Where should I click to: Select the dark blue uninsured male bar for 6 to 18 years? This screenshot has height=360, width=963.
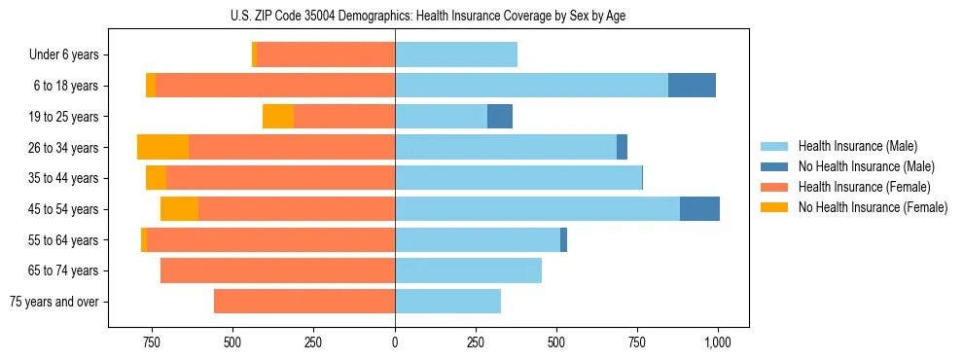[x=692, y=86]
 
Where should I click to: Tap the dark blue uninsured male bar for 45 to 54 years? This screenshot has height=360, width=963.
[x=699, y=208]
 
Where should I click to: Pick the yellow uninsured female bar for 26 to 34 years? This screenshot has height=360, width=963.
[x=162, y=147]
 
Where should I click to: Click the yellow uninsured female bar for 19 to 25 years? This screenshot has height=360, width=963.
[x=278, y=116]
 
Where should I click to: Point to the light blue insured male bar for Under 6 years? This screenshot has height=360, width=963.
[x=456, y=54]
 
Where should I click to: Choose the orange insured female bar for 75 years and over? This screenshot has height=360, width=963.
[x=304, y=301]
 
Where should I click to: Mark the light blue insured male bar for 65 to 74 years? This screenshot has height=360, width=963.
[x=468, y=270]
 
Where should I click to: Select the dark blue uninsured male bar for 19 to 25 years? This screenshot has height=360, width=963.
[x=499, y=116]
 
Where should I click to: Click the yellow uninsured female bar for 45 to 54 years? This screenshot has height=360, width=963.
[x=179, y=208]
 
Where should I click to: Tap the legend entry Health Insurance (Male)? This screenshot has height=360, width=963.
[x=852, y=146]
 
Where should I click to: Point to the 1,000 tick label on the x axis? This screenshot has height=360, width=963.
[x=718, y=342]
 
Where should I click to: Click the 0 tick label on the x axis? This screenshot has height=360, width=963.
[x=395, y=342]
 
